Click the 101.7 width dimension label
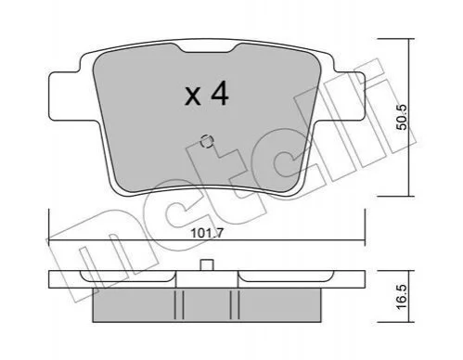click(207, 233)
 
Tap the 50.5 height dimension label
click(403, 117)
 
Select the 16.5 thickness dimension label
click(402, 297)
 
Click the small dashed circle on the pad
click(206, 142)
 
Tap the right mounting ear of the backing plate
click(349, 96)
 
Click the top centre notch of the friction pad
click(207, 48)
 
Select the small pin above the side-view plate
click(207, 265)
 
